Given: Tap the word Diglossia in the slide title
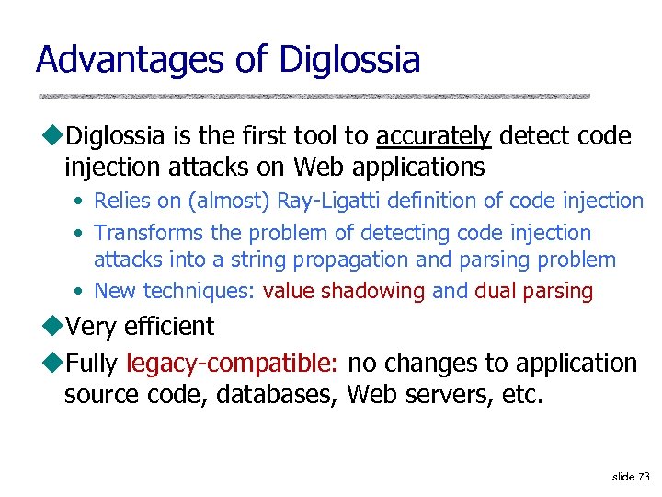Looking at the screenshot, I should (349, 60).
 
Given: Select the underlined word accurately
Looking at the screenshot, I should (434, 137).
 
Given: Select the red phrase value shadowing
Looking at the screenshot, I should (344, 292).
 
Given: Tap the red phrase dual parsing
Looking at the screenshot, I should (533, 292).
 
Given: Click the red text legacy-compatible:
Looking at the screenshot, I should (233, 364).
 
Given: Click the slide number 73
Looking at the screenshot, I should (643, 477).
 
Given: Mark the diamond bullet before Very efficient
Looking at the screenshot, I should (53, 327).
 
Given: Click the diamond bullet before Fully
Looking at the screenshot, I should (53, 364).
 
